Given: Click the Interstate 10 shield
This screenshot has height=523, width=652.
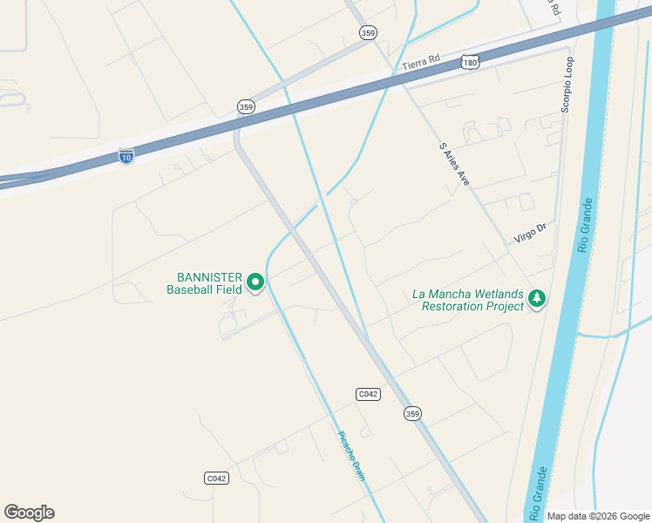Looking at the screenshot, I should (126, 157).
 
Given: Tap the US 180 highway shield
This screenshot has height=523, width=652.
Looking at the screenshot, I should (471, 63).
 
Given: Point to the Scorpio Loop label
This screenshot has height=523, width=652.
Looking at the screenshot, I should (567, 85).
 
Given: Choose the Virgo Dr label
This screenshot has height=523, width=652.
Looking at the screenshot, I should (529, 232).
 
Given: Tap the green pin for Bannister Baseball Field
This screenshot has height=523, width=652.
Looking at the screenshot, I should (255, 282).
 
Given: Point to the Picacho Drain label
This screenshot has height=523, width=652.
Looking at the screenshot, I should (350, 456).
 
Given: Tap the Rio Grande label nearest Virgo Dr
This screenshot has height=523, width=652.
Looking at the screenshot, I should (587, 225).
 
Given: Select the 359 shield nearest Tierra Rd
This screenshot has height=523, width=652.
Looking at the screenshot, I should (368, 32).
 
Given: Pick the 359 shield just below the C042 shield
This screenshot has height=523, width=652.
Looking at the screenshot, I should (412, 413).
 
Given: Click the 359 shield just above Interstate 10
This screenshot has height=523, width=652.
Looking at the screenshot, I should (246, 106).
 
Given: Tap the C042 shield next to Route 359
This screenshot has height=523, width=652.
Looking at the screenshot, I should (368, 394).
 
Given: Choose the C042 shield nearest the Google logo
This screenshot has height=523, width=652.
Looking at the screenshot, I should (216, 478).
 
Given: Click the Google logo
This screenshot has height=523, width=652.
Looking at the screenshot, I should (29, 513).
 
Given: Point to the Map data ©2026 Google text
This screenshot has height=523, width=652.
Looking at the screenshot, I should (597, 516).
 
